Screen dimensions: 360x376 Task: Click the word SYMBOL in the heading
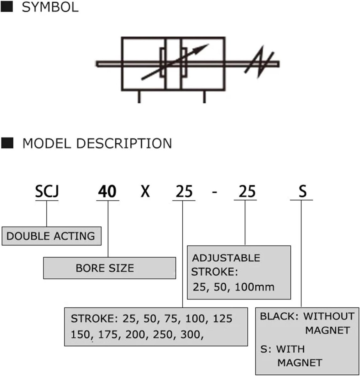[x=50, y=8]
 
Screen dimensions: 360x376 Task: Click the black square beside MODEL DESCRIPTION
[x=7, y=143]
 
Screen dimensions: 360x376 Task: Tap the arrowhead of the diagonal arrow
[x=201, y=49]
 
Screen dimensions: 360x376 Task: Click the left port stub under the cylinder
[x=139, y=97]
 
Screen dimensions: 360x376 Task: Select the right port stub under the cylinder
[x=204, y=97]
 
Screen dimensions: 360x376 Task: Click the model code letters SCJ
[x=47, y=191]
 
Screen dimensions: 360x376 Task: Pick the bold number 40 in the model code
[x=107, y=191]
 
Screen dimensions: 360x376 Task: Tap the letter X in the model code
[x=145, y=191]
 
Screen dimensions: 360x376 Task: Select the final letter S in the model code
[x=303, y=191]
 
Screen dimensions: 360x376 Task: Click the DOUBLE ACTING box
[x=52, y=236]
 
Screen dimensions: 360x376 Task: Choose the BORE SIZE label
[x=105, y=268]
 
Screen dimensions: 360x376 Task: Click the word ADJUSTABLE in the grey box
[x=226, y=258]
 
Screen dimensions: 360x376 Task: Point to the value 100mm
[x=255, y=287]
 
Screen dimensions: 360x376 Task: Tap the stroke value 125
[x=222, y=319]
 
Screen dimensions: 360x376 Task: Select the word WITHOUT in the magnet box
[x=329, y=316]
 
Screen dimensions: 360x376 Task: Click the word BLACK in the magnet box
[x=278, y=316]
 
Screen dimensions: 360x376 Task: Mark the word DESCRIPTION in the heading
[x=124, y=144]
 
